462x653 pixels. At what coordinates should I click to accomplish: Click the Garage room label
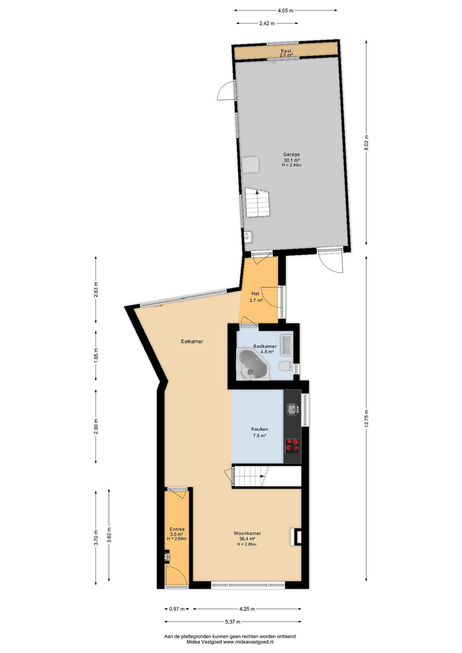291,154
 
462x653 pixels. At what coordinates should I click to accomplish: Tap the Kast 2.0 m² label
286,53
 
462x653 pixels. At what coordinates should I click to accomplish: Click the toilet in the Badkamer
285,366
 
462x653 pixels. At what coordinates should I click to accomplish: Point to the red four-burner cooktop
292,446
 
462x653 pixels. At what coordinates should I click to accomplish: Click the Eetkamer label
192,341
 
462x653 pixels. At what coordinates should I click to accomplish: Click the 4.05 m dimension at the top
285,10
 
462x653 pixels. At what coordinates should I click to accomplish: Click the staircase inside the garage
257,202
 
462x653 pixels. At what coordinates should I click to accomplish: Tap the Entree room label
177,529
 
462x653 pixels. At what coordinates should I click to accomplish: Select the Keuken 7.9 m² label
259,432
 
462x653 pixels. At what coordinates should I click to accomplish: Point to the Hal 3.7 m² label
255,297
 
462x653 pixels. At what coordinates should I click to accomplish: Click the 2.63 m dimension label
96,290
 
